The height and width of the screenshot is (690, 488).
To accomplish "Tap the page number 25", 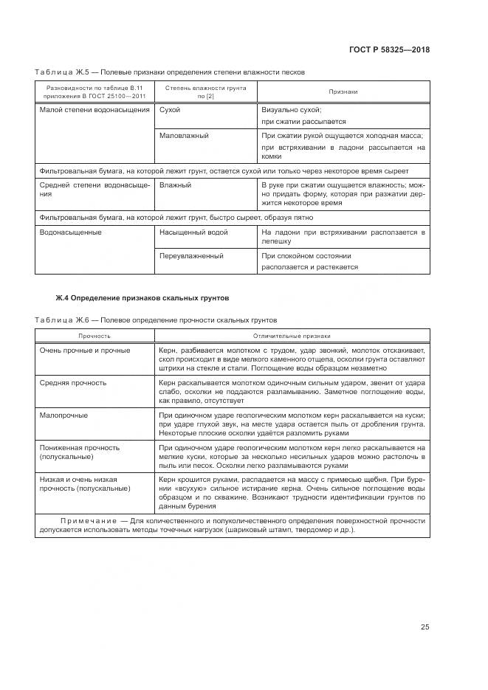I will click(425, 627).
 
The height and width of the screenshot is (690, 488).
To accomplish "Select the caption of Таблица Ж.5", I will click(169, 72).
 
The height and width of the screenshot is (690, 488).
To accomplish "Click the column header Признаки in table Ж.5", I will click(343, 92).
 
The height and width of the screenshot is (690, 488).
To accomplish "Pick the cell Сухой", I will click(170, 110).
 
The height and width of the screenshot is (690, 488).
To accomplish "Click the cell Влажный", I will click(175, 185).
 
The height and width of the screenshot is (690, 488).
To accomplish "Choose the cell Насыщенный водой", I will click(193, 232).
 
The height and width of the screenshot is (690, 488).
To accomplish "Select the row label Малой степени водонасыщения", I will click(94, 110).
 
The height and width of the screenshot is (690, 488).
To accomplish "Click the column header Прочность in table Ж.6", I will click(94, 335).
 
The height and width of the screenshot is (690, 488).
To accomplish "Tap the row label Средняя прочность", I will click(73, 383).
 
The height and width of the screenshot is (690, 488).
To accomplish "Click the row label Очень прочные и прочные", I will click(85, 351).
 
